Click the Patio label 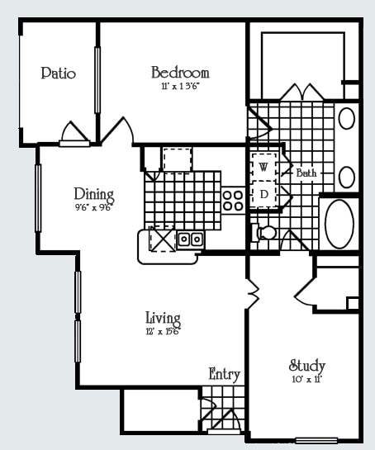pos(59,73)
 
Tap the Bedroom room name pos(180,73)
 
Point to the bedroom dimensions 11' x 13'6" pos(180,87)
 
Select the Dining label pos(94,195)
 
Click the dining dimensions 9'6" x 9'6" pos(93,207)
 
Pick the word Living pos(163,318)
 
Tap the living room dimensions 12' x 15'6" pos(163,331)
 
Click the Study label pos(307,366)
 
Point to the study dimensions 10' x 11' pos(307,379)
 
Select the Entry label pos(224,374)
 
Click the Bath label pos(306,173)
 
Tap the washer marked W pos(263,167)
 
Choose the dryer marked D pos(263,194)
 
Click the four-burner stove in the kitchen pos(233,201)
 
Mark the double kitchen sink pos(190,239)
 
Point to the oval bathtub pos(339,224)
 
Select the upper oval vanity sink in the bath pos(347,118)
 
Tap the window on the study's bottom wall pos(316,440)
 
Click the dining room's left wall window pos(38,198)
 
